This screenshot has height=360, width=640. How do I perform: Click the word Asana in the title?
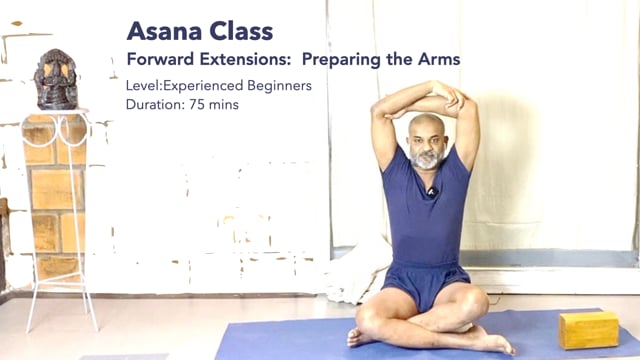tap(165, 31)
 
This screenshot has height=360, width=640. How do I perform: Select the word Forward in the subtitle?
tap(160, 59)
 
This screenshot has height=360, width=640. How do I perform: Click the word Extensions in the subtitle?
tap(245, 59)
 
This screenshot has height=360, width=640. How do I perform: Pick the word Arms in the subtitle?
tap(439, 59)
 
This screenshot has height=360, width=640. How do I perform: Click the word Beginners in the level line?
tap(280, 86)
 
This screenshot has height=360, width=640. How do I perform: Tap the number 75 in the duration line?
tap(197, 104)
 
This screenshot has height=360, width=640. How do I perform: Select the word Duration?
tap(156, 104)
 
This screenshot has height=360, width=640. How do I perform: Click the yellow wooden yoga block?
tap(588, 329)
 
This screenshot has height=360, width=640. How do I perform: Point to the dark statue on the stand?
tap(56, 80)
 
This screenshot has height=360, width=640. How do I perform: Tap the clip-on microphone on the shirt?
tap(432, 191)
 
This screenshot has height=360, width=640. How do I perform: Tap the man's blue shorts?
tap(424, 283)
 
